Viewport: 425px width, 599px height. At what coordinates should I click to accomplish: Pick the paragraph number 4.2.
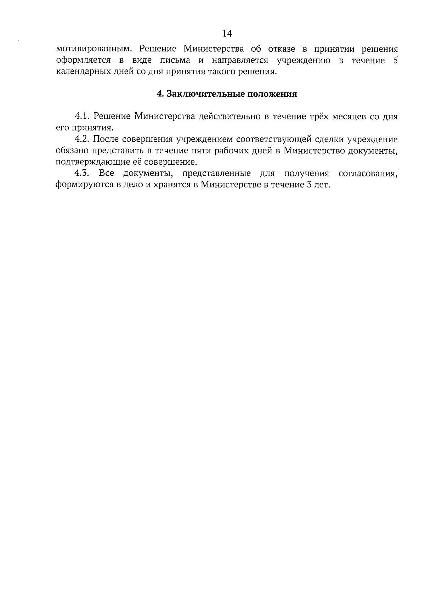pos(83,139)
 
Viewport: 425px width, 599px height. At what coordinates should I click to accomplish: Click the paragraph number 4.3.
pos(83,174)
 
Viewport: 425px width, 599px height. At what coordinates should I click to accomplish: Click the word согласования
pos(368,174)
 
